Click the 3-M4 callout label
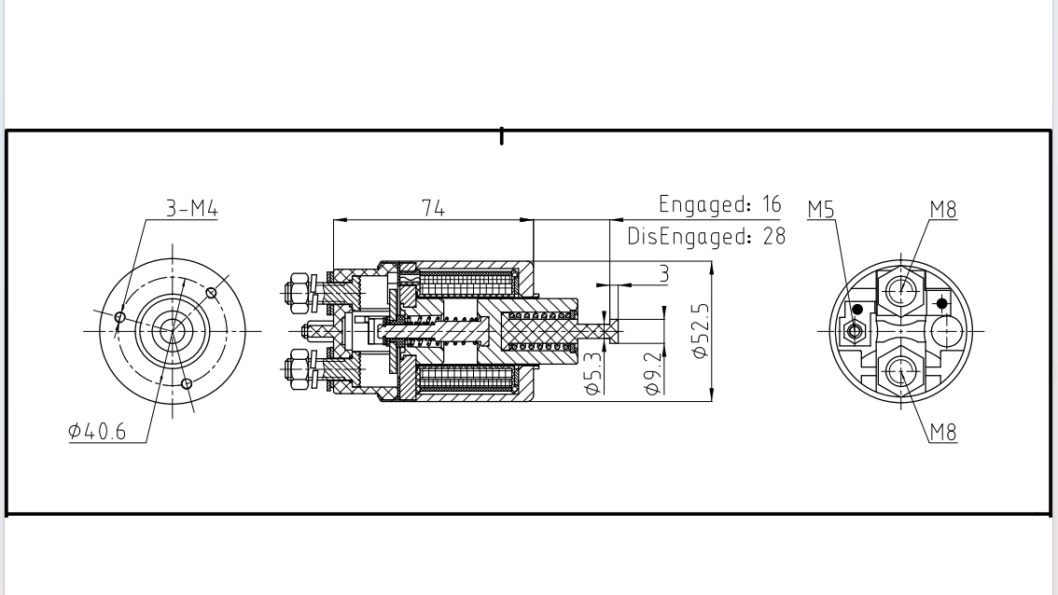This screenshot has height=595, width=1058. (x=191, y=209)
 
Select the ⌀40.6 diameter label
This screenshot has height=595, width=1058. (x=97, y=432)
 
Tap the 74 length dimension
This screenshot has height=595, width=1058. (x=433, y=209)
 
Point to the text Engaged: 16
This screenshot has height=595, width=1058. (x=719, y=204)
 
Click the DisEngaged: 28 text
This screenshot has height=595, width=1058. (x=706, y=236)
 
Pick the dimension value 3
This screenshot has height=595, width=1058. (x=663, y=273)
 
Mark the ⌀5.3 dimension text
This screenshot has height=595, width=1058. (x=593, y=371)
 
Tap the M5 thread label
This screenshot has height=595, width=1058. (x=821, y=210)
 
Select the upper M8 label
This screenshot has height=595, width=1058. (x=943, y=210)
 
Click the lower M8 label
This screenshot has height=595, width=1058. (x=943, y=432)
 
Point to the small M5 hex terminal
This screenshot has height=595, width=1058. (x=853, y=329)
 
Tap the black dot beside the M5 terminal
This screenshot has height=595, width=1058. (x=858, y=310)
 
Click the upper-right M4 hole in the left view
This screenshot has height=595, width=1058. (x=212, y=292)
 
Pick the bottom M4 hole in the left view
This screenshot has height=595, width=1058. (x=187, y=383)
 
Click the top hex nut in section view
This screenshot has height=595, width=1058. (x=299, y=290)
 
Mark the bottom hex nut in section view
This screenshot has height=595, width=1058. (x=299, y=368)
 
